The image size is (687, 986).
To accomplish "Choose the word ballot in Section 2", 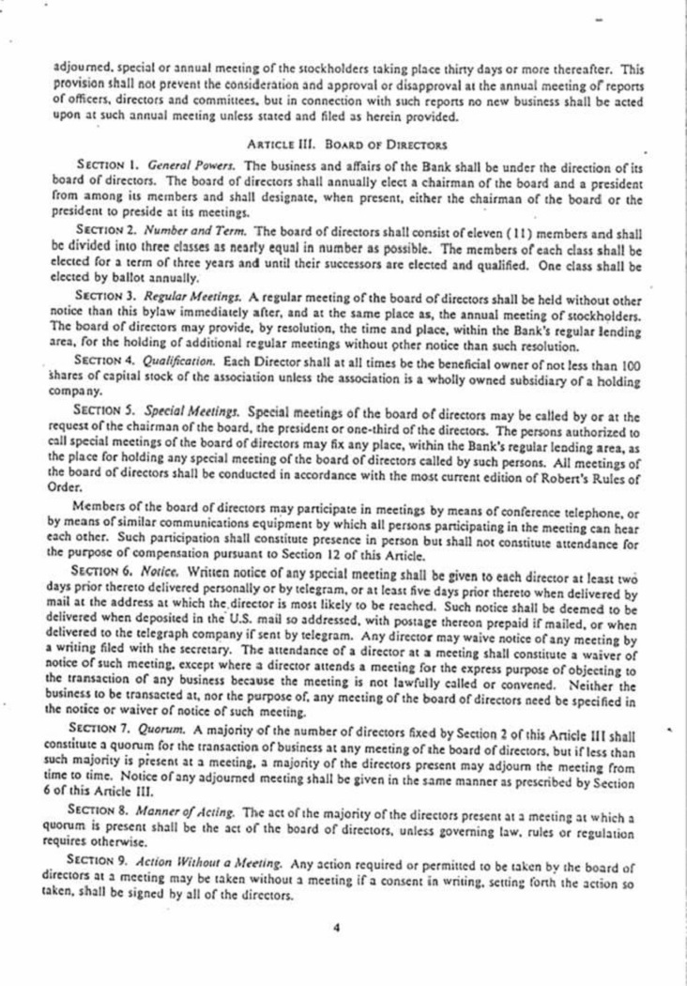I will point(153,278).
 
